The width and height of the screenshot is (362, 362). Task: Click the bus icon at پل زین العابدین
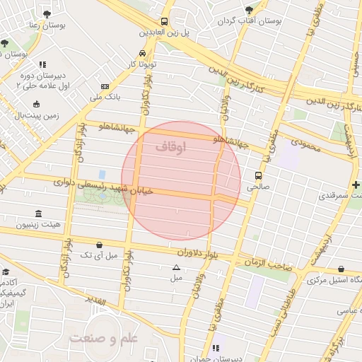(164, 21)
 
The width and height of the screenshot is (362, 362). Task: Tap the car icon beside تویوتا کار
(143, 54)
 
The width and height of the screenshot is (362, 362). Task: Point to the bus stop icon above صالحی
(258, 176)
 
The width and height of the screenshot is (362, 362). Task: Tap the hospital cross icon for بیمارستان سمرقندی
(355, 185)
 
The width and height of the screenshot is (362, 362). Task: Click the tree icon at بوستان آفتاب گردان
(249, 10)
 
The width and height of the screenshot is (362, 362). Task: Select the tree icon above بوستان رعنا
(47, 13)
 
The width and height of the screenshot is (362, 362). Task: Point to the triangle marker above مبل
(176, 267)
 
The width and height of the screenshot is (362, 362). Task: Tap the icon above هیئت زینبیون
(37, 214)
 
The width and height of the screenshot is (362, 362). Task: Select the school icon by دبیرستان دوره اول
(42, 64)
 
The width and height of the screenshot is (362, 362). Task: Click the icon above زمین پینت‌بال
(37, 103)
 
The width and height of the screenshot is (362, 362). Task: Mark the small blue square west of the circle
(103, 174)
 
